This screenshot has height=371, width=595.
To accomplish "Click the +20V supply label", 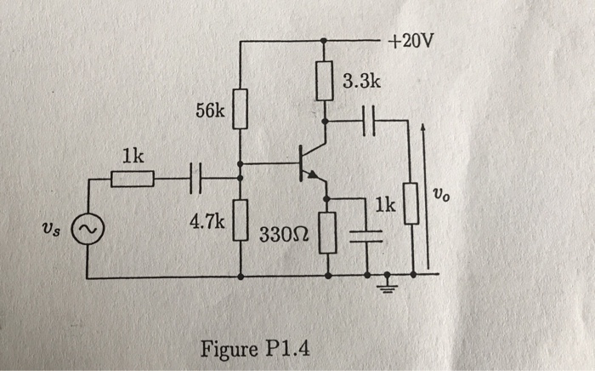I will coord(411,41).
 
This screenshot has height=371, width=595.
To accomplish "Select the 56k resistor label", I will coord(208,111).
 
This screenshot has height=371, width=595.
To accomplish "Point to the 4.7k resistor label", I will coord(207,222).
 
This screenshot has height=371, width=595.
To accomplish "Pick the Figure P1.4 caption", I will coord(255,349).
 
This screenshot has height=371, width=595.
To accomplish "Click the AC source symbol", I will coord(88,228).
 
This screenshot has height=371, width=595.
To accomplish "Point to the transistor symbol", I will coord(309,163).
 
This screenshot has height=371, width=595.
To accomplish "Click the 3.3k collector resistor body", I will coord(324,81).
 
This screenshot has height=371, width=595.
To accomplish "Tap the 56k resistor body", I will coord(241,109).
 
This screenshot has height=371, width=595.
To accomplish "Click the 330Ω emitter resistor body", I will coord(329,233).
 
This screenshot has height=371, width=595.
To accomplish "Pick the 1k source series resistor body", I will coord(133,179).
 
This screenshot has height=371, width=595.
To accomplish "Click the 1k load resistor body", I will coord(412,204).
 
